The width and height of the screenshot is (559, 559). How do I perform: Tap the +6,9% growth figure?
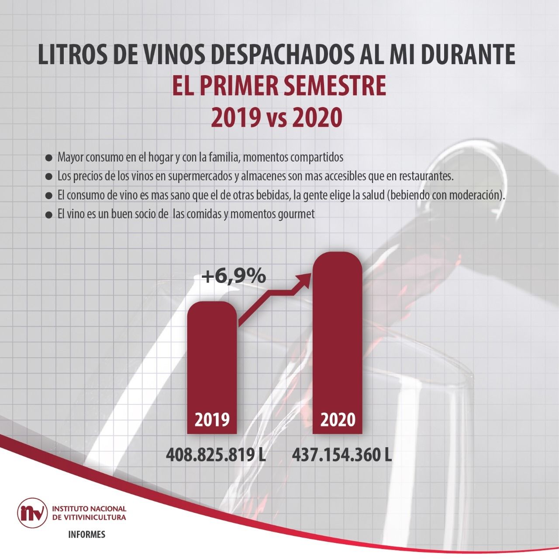pyautogui.click(x=234, y=276)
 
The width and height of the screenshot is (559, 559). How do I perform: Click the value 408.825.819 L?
pyautogui.click(x=216, y=455)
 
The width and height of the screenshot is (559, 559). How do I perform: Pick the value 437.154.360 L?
pyautogui.click(x=342, y=455)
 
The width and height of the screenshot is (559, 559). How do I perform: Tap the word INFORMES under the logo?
pyautogui.click(x=87, y=535)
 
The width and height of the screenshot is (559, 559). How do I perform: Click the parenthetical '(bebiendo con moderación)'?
pyautogui.click(x=445, y=195)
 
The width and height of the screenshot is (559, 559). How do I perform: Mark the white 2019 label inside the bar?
pyautogui.click(x=212, y=420)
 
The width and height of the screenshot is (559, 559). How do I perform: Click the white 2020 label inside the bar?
pyautogui.click(x=338, y=420)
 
